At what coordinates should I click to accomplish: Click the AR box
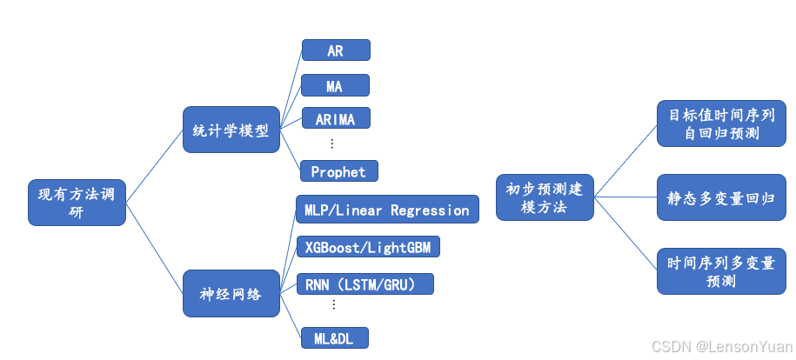[x=336, y=50]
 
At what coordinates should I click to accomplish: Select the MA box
[x=335, y=85]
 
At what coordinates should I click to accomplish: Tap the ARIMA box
[x=335, y=117]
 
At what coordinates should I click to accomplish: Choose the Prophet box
[x=338, y=171]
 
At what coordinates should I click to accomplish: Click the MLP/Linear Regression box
[x=386, y=210]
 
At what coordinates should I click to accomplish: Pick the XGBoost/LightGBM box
[x=368, y=247]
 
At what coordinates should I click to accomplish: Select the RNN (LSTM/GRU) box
[x=365, y=283]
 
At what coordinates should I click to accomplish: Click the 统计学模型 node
[x=231, y=130]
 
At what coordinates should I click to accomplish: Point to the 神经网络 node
[x=231, y=293]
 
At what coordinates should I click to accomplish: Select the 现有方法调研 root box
[x=77, y=202]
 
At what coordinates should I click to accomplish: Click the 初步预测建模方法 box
[x=545, y=197]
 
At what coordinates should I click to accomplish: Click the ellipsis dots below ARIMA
[x=332, y=143]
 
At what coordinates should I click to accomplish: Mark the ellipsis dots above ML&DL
[x=333, y=306]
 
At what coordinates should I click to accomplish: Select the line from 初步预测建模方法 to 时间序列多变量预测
[x=625, y=234]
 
